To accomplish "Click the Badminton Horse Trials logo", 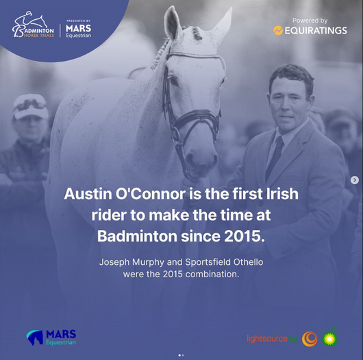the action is (x=33, y=24).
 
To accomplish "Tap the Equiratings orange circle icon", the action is (x=278, y=31).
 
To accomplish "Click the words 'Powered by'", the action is (x=310, y=21).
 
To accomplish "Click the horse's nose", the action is (x=201, y=163).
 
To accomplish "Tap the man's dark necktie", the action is (x=275, y=157).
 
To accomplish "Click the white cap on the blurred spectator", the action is (x=30, y=106).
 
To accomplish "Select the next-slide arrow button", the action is (x=354, y=180).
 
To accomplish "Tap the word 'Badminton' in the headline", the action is (x=137, y=236).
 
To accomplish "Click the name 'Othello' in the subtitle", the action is (x=248, y=262).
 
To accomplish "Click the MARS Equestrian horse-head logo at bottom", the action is (x=35, y=337).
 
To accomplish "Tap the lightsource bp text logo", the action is (x=272, y=339).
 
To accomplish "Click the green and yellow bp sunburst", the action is (x=330, y=338).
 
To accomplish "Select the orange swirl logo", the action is (x=310, y=339).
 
